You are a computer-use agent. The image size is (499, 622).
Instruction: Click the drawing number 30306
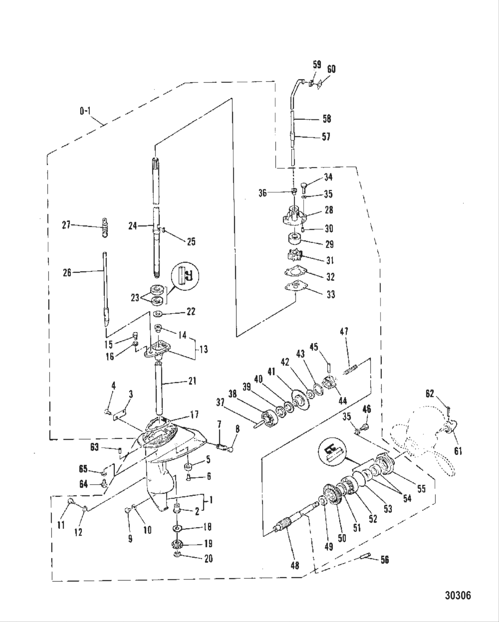point(458,595)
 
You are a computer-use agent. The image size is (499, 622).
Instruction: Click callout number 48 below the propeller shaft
point(295,565)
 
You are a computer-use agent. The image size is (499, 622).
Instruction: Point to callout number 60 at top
point(331,69)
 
